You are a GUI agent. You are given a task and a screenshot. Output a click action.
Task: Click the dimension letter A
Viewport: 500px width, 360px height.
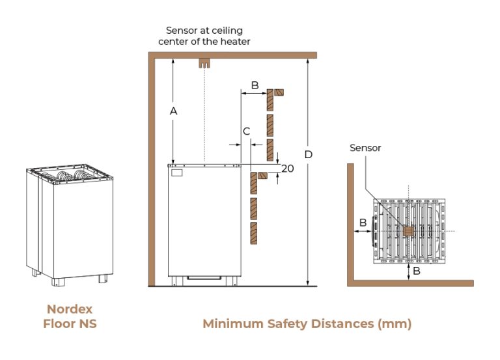pos(174,111)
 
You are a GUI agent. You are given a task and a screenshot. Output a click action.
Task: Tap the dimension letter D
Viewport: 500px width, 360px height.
pos(309,154)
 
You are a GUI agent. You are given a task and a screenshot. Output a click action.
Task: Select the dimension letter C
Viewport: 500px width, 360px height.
pos(246,132)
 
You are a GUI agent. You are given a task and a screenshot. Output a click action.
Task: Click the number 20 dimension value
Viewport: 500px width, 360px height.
pos(287,168)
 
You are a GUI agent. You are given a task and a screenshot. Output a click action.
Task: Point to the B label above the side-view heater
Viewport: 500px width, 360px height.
pos(255,85)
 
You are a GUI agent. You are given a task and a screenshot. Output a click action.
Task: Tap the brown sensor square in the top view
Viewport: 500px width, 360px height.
pos(408,231)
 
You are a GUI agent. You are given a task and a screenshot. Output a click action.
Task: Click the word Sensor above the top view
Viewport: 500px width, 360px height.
pos(365,148)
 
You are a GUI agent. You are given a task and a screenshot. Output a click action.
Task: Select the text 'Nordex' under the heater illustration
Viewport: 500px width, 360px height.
pos(70,309)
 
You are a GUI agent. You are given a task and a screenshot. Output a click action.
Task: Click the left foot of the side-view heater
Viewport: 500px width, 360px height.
pos(174,281)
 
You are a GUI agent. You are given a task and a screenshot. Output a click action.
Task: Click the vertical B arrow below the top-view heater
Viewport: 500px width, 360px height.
pos(408,271)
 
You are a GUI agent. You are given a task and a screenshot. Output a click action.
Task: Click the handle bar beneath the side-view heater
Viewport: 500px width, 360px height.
pos(204,279)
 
